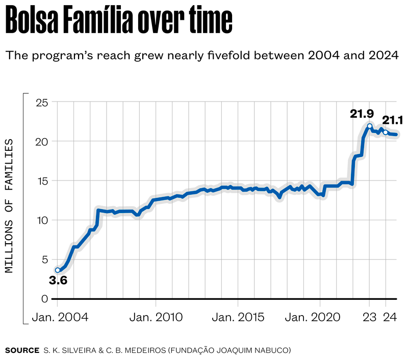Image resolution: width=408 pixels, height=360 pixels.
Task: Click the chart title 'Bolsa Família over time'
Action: pos(119,22)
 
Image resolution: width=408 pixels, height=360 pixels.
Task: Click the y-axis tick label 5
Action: pos(45,259)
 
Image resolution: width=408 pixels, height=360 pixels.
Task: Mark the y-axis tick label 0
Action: pos(45,299)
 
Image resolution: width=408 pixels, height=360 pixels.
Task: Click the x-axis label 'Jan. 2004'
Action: pos(60,317)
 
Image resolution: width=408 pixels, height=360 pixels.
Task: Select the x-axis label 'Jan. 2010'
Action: pos(156,317)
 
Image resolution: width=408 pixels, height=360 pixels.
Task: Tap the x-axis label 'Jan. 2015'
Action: pos(238,317)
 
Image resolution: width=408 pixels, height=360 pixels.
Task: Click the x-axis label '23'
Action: pos(369,317)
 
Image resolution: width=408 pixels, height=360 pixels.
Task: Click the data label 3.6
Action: pos(58,280)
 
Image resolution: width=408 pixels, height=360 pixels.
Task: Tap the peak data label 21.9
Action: pos(362,114)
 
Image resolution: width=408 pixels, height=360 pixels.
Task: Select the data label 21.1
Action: pos(393,121)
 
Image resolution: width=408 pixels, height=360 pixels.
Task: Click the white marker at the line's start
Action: pos(58,270)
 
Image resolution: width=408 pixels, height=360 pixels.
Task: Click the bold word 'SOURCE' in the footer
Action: pos(22,350)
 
